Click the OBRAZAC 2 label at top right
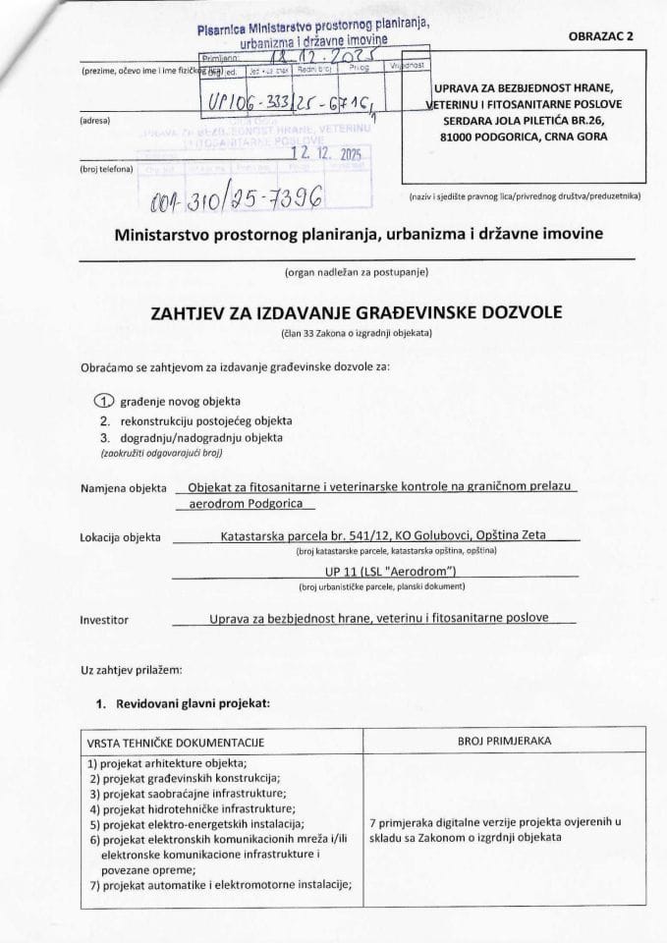[601, 35]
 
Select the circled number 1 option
[103, 401]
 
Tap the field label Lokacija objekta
[120, 537]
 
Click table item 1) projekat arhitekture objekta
[167, 764]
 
